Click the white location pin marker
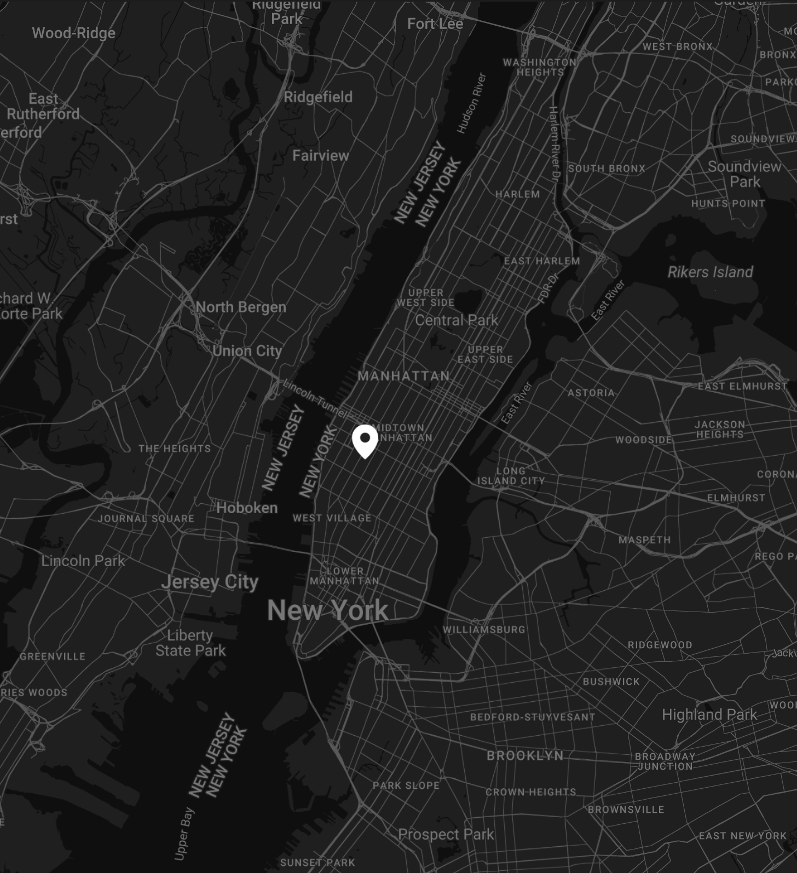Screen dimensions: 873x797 tap(365, 440)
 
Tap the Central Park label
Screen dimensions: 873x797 tap(457, 320)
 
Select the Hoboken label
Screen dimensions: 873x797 tap(247, 508)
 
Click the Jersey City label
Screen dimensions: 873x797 tap(210, 582)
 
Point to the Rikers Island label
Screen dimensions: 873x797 tap(710, 272)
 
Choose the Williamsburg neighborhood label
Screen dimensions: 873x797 tap(484, 630)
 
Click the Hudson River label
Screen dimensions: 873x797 tap(471, 103)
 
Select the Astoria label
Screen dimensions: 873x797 tap(591, 393)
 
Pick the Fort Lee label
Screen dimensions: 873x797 tap(435, 24)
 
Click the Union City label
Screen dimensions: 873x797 tap(247, 351)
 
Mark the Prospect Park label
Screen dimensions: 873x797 tap(446, 834)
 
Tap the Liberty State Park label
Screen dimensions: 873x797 tap(190, 643)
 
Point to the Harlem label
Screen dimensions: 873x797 tap(517, 194)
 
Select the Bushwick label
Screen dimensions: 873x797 tap(611, 682)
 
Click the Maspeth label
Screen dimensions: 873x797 tap(644, 540)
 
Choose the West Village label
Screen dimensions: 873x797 tap(332, 517)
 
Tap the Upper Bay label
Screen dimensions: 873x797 tap(184, 833)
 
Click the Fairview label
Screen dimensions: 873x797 tap(320, 155)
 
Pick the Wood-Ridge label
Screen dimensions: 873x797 tap(73, 33)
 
